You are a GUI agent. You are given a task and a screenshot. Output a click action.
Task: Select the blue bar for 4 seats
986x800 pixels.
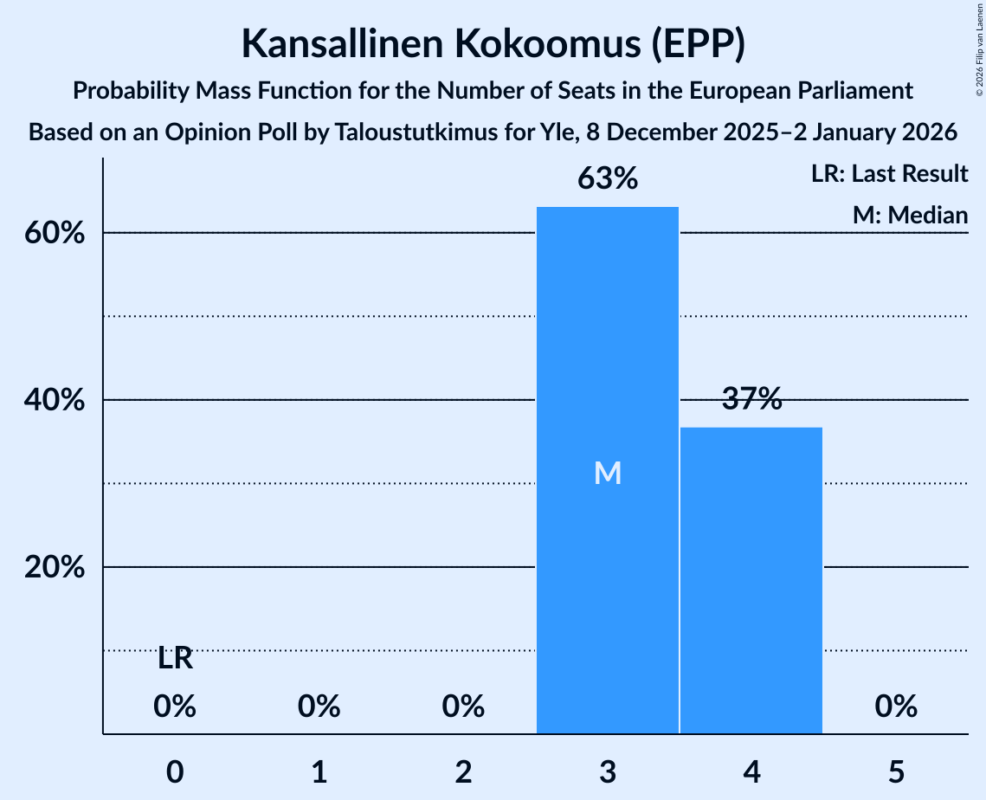pyautogui.click(x=751, y=580)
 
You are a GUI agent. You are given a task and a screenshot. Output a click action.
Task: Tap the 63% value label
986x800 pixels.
pyautogui.click(x=608, y=179)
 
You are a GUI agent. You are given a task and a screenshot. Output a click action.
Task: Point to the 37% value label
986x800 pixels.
pyautogui.click(x=751, y=399)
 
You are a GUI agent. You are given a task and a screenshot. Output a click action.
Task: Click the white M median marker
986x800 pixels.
pyautogui.click(x=608, y=473)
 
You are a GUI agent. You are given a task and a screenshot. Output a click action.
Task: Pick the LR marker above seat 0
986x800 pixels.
pyautogui.click(x=175, y=659)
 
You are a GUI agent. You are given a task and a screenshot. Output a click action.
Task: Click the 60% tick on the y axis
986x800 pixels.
pyautogui.click(x=59, y=234)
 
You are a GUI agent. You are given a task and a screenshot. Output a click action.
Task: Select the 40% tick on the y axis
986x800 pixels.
pyautogui.click(x=59, y=401)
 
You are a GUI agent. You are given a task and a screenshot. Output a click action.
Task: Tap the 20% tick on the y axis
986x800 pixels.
pyautogui.click(x=59, y=568)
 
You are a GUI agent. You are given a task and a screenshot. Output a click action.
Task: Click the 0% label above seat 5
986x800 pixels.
pyautogui.click(x=896, y=707)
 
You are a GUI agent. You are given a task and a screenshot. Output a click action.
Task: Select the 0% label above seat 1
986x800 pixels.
pyautogui.click(x=319, y=707)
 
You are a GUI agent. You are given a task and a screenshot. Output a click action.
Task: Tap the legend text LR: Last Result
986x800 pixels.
pyautogui.click(x=889, y=174)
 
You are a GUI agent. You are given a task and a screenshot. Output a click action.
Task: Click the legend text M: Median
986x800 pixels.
pyautogui.click(x=910, y=215)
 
